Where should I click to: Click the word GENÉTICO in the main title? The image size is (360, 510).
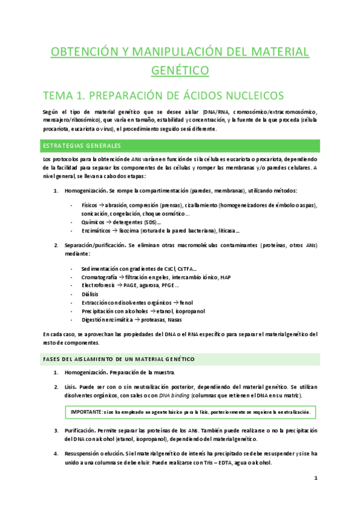180,70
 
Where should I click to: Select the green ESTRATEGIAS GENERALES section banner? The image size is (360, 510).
82,146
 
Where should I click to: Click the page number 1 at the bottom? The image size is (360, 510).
316,478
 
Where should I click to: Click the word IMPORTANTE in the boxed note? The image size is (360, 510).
87,412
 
